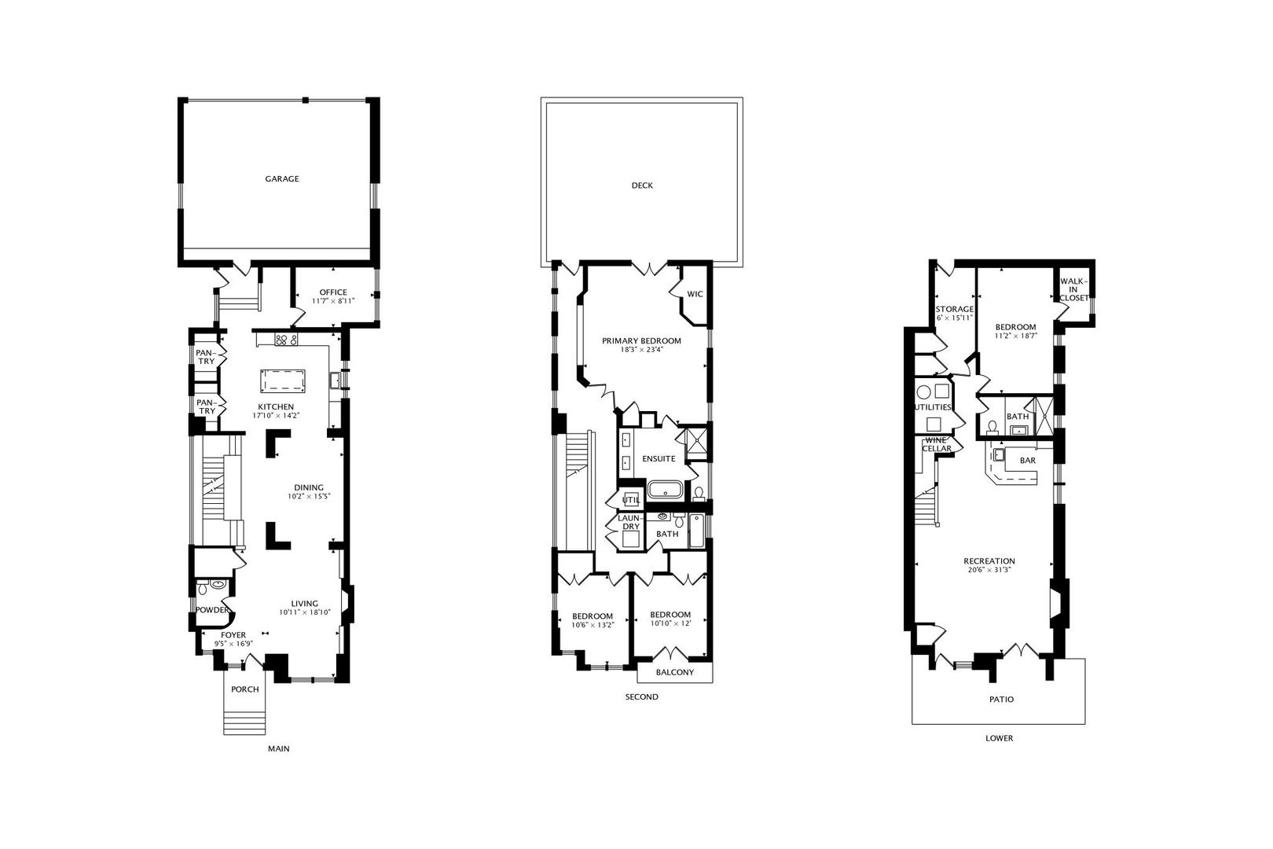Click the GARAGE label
pos(281,179)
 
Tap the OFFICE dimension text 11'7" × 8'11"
pos(333,300)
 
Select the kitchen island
pos(282,380)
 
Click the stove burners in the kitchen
pos(286,340)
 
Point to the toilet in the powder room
pos(204,586)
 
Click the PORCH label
pos(244,689)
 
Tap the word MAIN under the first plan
pos(278,749)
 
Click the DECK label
pos(642,186)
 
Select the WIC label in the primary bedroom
pos(695,295)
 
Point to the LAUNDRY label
pos(629,522)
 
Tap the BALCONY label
pos(675,672)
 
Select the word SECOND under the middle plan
pos(641,697)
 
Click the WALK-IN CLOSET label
pos(1073,289)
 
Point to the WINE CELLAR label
pos(937,445)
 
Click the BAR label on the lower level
pos(1027,461)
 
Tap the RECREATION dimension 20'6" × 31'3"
pos(989,570)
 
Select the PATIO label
pos(1000,699)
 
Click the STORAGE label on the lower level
pos(954,309)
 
